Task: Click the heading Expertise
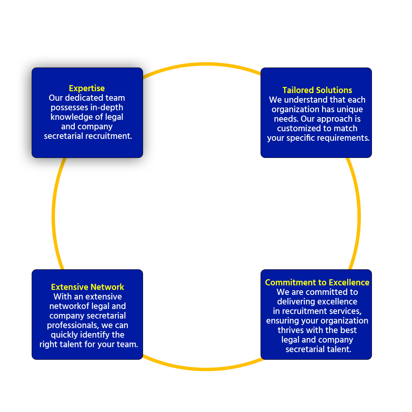click(x=87, y=88)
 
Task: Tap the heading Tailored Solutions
click(x=317, y=90)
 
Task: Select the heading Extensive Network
click(x=87, y=287)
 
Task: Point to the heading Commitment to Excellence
click(x=317, y=282)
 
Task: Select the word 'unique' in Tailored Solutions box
click(x=350, y=109)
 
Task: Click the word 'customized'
click(x=299, y=129)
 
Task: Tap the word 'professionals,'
click(x=73, y=325)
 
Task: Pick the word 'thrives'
click(x=291, y=330)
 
